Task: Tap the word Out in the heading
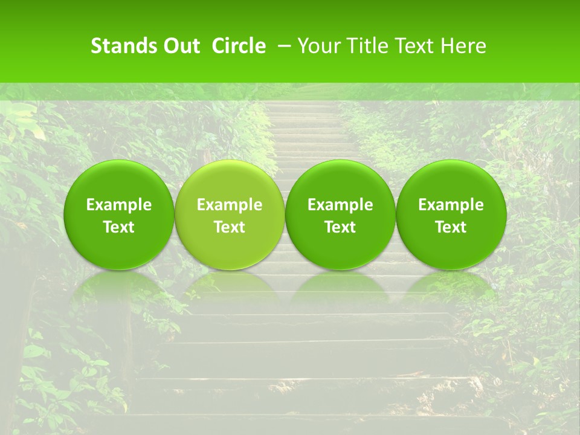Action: click(179, 46)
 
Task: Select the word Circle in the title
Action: click(239, 46)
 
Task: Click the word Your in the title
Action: click(318, 46)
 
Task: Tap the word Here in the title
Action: click(463, 46)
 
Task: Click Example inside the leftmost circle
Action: click(118, 205)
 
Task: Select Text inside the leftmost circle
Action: click(118, 227)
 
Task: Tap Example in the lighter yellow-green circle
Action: click(230, 205)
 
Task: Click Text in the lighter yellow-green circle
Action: click(230, 227)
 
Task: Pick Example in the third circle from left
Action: click(340, 205)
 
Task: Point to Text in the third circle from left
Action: click(340, 227)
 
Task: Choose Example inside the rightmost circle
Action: click(451, 205)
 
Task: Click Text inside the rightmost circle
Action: click(451, 227)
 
